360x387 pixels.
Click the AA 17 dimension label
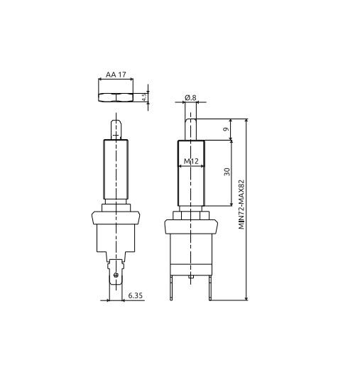pyautogui.click(x=116, y=73)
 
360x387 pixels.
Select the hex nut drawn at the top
pyautogui.click(x=116, y=95)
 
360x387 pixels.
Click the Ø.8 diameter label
pyautogui.click(x=190, y=97)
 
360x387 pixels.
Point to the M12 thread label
pyautogui.click(x=191, y=162)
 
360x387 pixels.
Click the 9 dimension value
pyautogui.click(x=226, y=129)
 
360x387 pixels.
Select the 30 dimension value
pyautogui.click(x=227, y=171)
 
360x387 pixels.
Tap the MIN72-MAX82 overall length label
pyautogui.click(x=242, y=203)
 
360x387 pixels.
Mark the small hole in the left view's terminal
pyautogui.click(x=116, y=271)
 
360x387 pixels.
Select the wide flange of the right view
pyautogui.click(x=191, y=227)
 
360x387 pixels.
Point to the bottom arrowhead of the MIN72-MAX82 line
pyautogui.click(x=246, y=298)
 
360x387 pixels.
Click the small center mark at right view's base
pyautogui.click(x=191, y=276)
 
